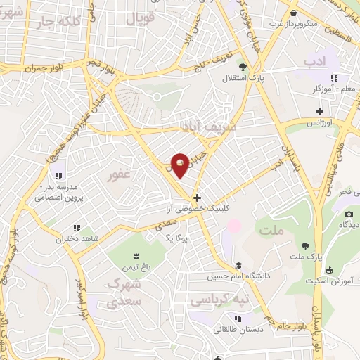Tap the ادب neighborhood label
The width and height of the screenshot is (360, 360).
316,62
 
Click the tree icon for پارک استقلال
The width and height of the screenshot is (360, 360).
243,68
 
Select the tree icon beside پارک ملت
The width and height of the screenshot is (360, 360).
305,246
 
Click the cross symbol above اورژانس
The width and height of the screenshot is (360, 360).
320,111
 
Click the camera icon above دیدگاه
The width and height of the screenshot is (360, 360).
348,213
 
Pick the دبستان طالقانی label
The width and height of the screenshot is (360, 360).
223,328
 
